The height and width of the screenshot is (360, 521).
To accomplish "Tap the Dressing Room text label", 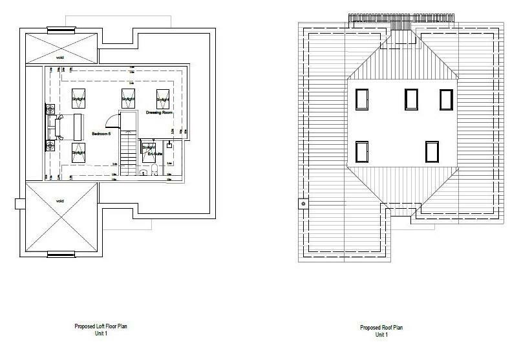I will click(159, 112).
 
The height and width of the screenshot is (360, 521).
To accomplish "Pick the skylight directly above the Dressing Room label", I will click(162, 100).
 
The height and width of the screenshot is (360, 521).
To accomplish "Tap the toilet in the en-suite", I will click(155, 171).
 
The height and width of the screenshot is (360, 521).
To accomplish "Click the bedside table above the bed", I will click(50, 110).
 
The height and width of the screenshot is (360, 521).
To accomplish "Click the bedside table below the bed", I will click(50, 143).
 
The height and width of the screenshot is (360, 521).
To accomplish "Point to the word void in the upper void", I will click(59, 58).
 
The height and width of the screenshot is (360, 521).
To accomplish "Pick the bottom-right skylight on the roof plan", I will click(432, 151).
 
